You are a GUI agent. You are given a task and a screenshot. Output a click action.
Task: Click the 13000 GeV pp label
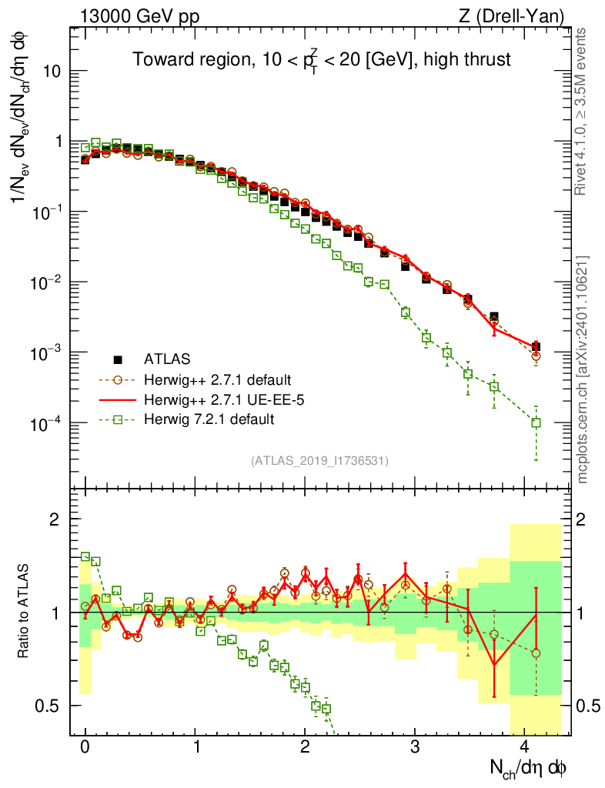139,15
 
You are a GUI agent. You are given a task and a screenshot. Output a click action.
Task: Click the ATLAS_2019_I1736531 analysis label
319,461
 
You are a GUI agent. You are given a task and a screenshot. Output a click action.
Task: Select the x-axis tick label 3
415,746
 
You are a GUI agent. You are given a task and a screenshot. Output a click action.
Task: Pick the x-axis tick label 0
85,746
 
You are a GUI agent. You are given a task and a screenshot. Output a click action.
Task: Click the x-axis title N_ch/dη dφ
531,768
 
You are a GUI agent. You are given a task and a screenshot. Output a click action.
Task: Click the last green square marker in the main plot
536,422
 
